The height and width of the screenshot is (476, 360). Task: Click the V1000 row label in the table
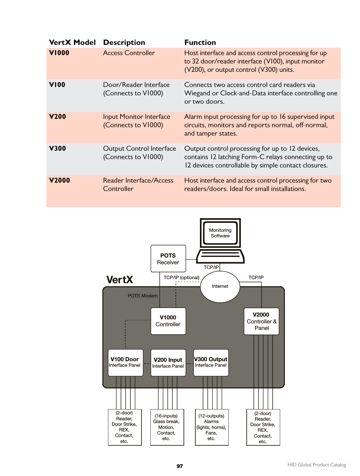point(59,53)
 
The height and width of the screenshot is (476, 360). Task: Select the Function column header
point(200,42)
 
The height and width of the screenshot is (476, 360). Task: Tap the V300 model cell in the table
point(58,149)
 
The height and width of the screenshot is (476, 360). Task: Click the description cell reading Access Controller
point(129,53)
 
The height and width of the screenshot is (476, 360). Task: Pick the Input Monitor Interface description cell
point(137,121)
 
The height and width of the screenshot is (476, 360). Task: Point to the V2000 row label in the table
point(59,180)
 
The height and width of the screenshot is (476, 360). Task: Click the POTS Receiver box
point(168,259)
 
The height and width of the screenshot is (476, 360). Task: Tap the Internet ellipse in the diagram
point(220,286)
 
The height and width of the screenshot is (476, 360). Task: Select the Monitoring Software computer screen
point(220,233)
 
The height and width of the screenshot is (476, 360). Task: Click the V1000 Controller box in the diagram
point(168,321)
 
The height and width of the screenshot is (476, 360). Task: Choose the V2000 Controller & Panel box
point(261,321)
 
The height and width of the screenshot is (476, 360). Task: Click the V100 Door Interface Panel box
point(125,362)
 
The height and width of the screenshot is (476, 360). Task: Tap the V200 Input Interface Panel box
point(168,363)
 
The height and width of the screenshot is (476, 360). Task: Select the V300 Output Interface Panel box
point(211,362)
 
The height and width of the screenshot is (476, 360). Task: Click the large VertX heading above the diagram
point(120,280)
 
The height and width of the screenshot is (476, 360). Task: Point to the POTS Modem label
point(142,296)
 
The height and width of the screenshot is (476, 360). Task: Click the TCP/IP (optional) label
point(181,278)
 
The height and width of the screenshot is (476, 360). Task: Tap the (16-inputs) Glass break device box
point(167,427)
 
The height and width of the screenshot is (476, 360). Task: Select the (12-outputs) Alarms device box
point(211,427)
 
